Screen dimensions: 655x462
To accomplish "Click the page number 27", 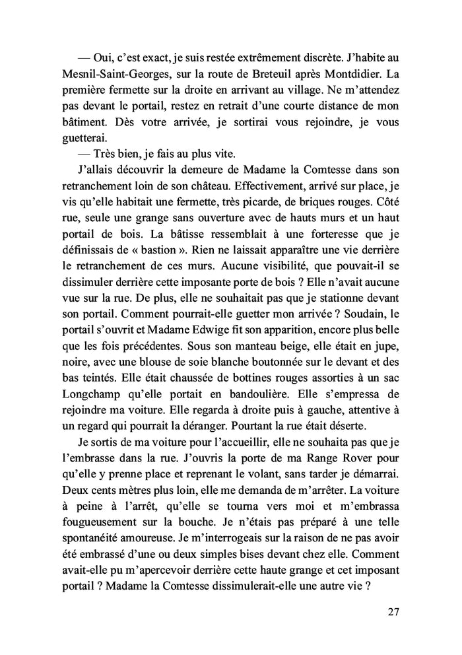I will [394, 612].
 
